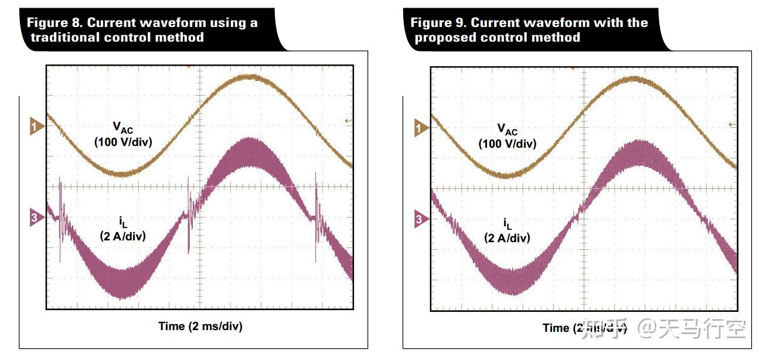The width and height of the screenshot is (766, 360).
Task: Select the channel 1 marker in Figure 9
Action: (x=420, y=128)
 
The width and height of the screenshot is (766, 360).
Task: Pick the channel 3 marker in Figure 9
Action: (x=420, y=220)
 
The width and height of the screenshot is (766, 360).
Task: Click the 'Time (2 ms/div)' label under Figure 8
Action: (x=200, y=326)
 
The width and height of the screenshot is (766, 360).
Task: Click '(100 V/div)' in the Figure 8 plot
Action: (x=123, y=141)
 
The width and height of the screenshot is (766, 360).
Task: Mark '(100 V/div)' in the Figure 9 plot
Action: (x=507, y=144)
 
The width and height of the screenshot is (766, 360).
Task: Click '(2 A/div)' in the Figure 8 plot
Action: (x=122, y=236)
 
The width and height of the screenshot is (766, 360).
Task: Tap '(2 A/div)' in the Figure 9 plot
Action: (x=507, y=238)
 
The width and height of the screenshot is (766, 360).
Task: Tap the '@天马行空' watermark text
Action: (x=692, y=329)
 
